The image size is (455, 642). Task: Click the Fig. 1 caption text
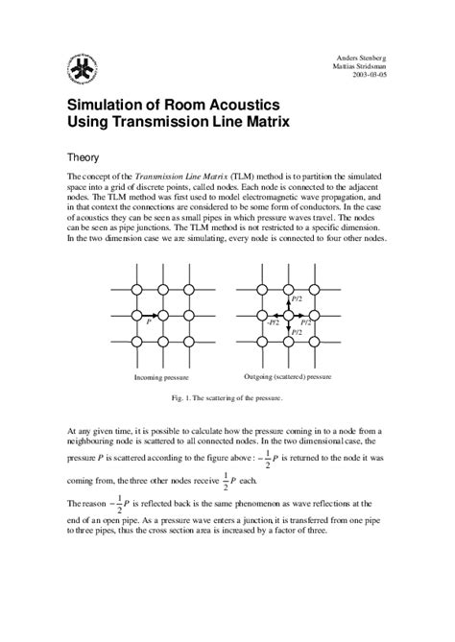227,396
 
